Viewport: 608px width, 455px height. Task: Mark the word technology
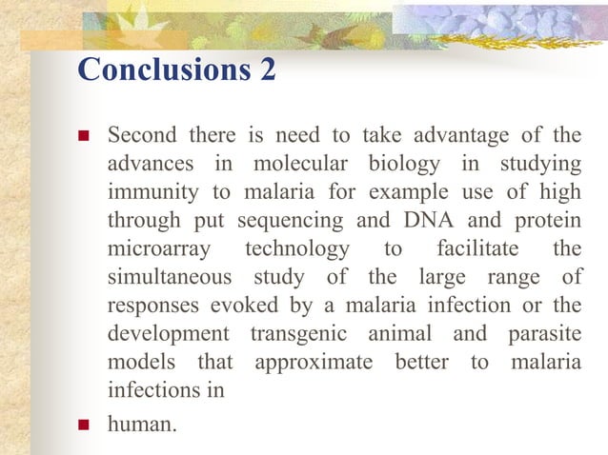click(x=296, y=249)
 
